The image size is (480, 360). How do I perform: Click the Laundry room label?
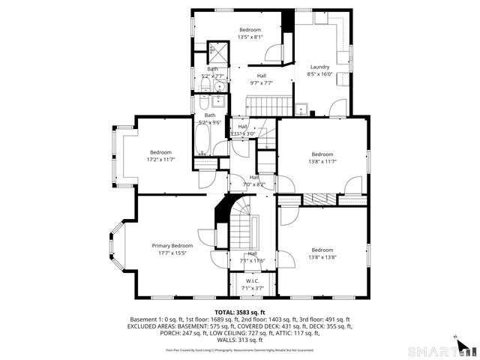pyautogui.click(x=319, y=67)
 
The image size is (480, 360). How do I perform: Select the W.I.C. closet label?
pyautogui.click(x=253, y=281)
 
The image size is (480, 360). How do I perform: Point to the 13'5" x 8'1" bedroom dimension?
pyautogui.click(x=250, y=37)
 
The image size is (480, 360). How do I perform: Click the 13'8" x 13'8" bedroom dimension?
pyautogui.click(x=322, y=257)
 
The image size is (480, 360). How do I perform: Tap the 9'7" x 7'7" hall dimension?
pyautogui.click(x=261, y=83)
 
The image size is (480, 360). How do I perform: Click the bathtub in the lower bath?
pyautogui.click(x=203, y=138)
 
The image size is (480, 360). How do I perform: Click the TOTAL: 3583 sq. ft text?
pyautogui.click(x=240, y=312)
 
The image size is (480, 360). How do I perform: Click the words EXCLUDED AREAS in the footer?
pyautogui.click(x=151, y=325)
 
